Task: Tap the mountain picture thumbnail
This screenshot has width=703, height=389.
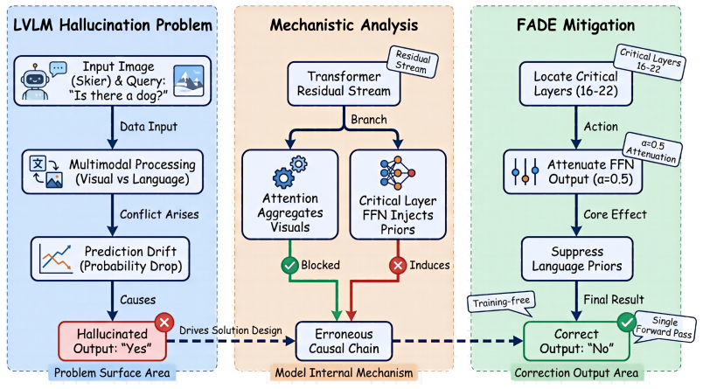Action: [189, 80]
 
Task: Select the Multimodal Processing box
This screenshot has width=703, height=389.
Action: [113, 171]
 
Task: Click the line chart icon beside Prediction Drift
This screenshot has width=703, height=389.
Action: [56, 259]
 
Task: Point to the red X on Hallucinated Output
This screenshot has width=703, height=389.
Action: [164, 323]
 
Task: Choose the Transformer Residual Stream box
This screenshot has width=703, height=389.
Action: [344, 84]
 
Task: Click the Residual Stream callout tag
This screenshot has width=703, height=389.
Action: [412, 62]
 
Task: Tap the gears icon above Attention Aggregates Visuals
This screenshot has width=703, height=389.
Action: [290, 172]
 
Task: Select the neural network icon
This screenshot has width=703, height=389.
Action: [397, 173]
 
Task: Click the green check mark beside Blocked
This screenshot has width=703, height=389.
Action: [290, 266]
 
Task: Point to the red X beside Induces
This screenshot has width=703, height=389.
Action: [398, 266]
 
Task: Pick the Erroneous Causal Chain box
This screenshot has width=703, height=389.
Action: [344, 341]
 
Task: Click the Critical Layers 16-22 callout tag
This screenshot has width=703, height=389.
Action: [649, 62]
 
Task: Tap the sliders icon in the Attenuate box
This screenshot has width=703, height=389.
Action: [525, 171]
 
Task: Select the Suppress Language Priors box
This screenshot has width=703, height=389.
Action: [577, 259]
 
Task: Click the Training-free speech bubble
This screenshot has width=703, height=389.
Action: [501, 302]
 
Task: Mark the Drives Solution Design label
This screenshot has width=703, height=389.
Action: [231, 330]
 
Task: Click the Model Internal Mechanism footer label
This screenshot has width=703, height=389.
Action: [344, 372]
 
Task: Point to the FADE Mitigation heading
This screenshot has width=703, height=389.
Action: [575, 25]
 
